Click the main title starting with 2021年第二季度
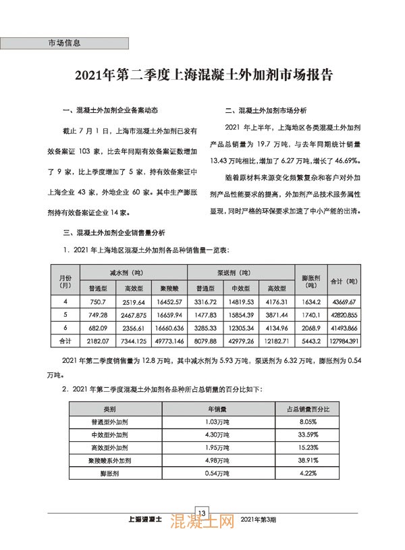point(202,74)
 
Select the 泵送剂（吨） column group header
point(240,272)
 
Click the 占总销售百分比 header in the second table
point(306,409)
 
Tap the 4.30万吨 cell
point(215,434)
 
